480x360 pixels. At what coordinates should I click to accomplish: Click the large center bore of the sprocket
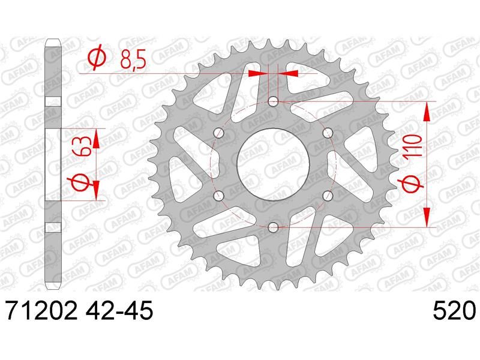(273, 164)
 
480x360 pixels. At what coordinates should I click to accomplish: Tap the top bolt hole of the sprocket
(273, 101)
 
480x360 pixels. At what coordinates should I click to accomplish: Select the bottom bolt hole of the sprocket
(273, 227)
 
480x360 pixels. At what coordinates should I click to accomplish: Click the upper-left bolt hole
(218, 133)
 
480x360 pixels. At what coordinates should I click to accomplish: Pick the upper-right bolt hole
(328, 133)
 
